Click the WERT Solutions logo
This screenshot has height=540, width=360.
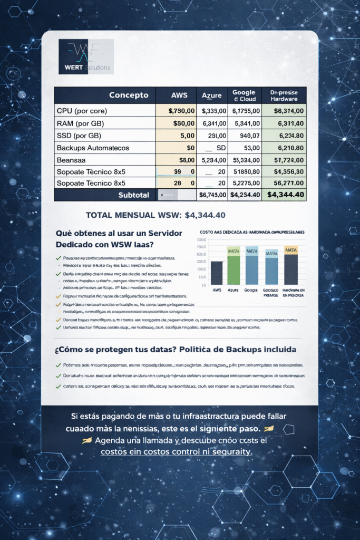(86, 57)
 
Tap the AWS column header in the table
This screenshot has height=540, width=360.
(179, 95)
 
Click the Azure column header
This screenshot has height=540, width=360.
(211, 96)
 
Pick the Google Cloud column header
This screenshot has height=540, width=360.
(244, 95)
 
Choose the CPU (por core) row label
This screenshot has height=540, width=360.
(82, 111)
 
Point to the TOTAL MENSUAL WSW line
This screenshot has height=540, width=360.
(156, 215)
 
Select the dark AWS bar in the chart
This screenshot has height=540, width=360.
(216, 273)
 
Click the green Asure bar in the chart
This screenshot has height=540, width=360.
(233, 270)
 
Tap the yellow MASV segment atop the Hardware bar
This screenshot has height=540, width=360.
(290, 250)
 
